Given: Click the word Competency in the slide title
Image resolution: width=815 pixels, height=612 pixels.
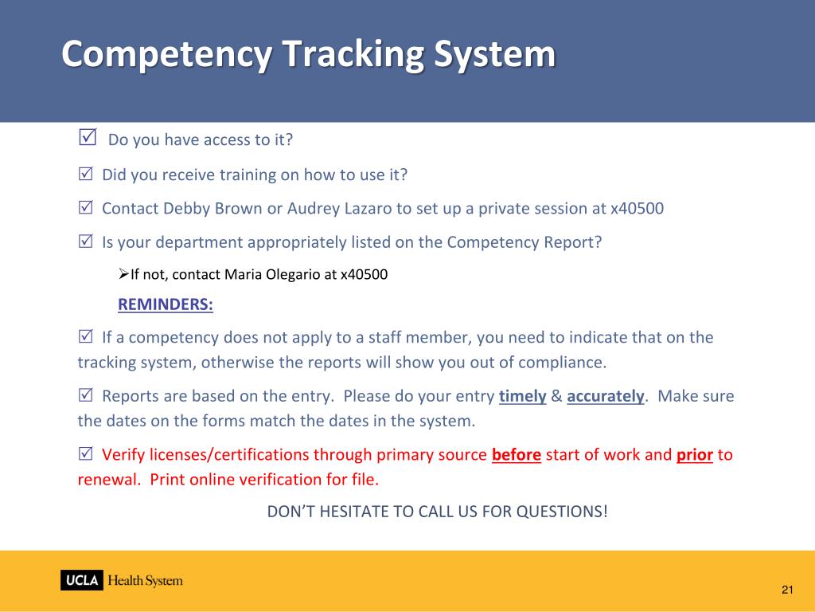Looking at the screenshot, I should pyautogui.click(x=168, y=54).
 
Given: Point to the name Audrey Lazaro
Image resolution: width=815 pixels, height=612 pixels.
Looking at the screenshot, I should pyautogui.click(x=339, y=209).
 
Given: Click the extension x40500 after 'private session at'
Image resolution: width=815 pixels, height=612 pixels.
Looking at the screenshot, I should pyautogui.click(x=637, y=209).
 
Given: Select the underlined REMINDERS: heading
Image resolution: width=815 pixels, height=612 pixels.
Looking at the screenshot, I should pyautogui.click(x=166, y=304).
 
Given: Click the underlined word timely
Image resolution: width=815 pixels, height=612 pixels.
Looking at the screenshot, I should pyautogui.click(x=522, y=396).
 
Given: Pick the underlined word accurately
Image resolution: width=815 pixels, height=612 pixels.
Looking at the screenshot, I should pyautogui.click(x=605, y=396).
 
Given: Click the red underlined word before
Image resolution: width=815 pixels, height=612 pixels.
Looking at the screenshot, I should pyautogui.click(x=517, y=455).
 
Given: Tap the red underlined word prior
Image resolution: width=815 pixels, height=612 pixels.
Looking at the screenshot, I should pyautogui.click(x=694, y=455).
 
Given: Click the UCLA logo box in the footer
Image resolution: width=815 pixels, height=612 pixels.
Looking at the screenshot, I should pyautogui.click(x=81, y=580).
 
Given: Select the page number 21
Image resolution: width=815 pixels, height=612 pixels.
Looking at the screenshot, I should pyautogui.click(x=787, y=590).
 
